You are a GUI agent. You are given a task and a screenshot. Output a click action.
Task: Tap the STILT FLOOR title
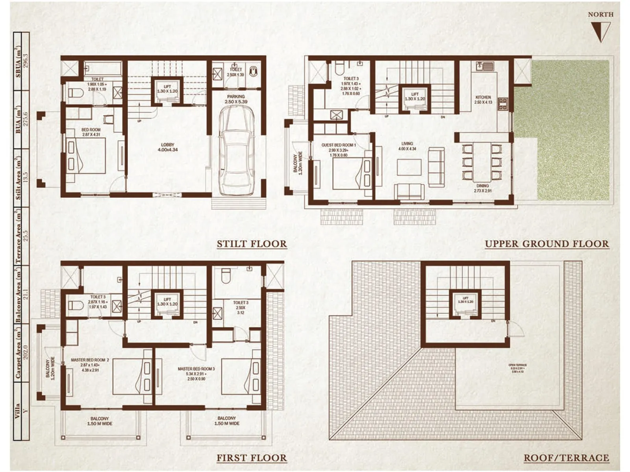[252, 244]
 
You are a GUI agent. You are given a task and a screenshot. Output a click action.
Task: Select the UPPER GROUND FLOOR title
[547, 244]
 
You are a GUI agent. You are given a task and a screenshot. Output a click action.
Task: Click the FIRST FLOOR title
[252, 458]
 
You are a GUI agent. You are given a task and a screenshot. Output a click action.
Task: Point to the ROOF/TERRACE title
[566, 458]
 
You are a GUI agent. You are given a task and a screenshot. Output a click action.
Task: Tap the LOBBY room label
[168, 145]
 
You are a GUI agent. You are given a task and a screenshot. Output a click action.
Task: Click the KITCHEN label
[483, 97]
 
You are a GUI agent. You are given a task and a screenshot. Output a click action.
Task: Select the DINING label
[482, 186]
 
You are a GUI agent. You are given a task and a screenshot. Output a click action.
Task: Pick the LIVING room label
[407, 144]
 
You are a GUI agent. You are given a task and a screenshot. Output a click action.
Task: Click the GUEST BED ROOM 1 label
[338, 145]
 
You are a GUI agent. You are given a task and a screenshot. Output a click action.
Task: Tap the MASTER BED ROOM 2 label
[90, 360]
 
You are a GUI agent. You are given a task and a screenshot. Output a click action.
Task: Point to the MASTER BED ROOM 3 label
[196, 369]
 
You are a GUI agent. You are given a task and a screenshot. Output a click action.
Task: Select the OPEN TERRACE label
[517, 365]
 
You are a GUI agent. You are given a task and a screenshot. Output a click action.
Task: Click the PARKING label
[236, 96]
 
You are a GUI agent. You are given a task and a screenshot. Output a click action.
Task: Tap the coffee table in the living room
[409, 167]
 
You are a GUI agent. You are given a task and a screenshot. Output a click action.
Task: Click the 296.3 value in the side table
[26, 61]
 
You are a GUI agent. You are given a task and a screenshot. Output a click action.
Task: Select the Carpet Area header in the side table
[18, 354]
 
